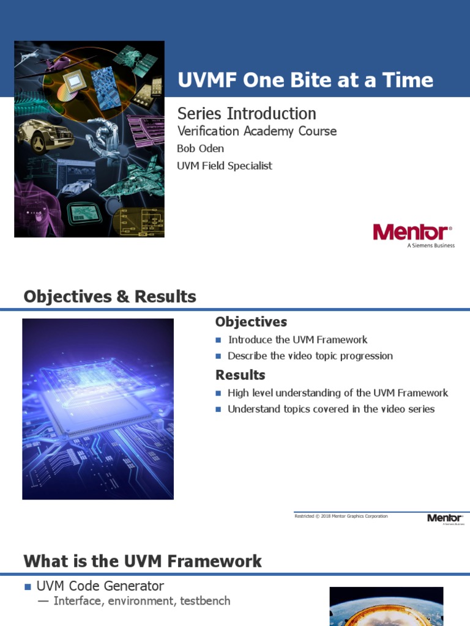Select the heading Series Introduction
(247, 113)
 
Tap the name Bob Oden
(200, 149)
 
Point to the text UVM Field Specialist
(225, 166)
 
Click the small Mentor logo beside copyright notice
(445, 518)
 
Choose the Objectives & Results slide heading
(110, 297)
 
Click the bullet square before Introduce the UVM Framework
(218, 341)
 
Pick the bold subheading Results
(241, 375)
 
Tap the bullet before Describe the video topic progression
(218, 356)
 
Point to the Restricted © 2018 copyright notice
(341, 517)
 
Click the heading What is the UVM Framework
(143, 561)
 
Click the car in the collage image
(37, 134)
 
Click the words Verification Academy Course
(256, 131)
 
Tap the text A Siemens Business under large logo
(431, 246)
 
